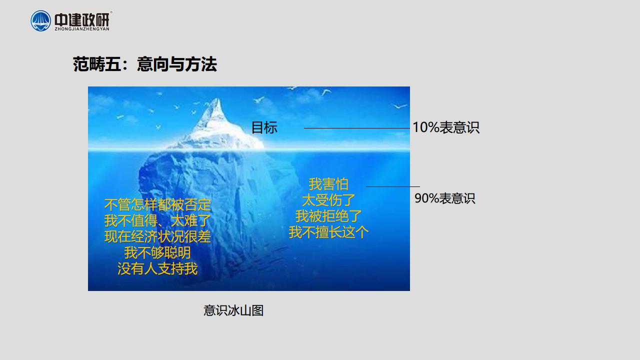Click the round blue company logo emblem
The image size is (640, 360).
coord(41,21)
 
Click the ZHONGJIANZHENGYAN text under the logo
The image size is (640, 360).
coord(82,29)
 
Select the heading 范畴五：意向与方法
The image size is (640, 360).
coord(145,64)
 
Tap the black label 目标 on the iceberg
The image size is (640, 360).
coord(264,127)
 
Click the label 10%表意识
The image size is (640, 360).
coord(446,127)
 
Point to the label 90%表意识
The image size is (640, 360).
coord(445,198)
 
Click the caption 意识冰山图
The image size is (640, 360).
coord(233,310)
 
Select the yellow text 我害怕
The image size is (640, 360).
coord(328,184)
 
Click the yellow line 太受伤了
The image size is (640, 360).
coord(328,200)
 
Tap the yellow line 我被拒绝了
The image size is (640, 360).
coord(328,216)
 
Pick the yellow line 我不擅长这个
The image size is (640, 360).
coord(328,232)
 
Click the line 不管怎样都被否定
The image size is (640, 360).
coord(157,204)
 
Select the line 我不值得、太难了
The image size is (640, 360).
coord(157,220)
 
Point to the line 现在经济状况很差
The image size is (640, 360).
coord(157,236)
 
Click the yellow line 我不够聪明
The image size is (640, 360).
coord(157,252)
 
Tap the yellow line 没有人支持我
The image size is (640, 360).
coord(157,268)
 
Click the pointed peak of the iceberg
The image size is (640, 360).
coord(218,99)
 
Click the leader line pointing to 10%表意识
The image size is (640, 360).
coord(357,128)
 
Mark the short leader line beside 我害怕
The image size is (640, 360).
coord(393,186)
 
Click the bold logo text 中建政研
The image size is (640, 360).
coord(81,19)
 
